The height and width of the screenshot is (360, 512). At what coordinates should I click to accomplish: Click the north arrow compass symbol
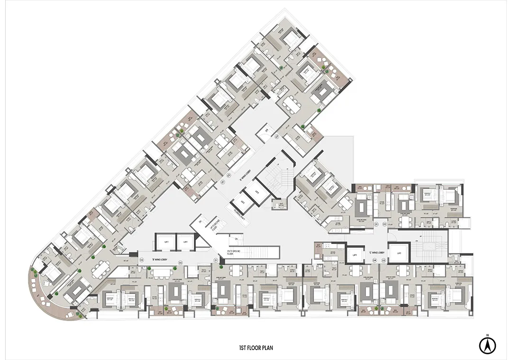(486, 344)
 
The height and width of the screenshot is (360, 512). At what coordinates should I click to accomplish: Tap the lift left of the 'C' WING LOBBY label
(355, 254)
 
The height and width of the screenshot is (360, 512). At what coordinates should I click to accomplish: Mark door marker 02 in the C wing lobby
(385, 224)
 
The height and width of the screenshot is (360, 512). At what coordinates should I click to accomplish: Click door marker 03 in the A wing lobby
(277, 136)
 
